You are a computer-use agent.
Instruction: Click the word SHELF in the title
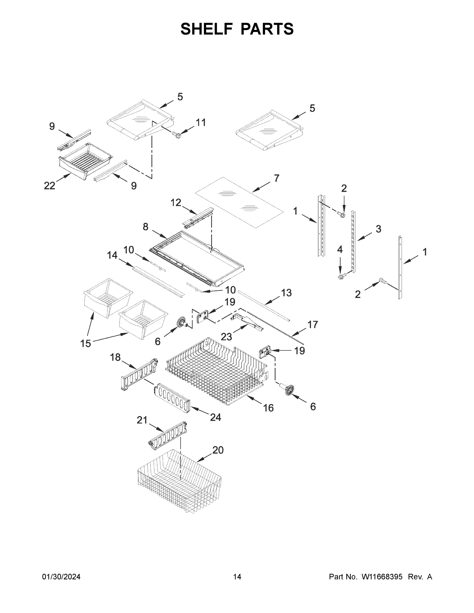point(207,29)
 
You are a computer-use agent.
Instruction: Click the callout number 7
point(276,178)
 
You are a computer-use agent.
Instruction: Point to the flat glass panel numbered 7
point(239,202)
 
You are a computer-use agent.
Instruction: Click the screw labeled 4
point(341,277)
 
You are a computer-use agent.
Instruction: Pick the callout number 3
point(378,229)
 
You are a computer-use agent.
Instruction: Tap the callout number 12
point(176,202)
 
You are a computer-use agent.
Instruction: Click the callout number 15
point(86,343)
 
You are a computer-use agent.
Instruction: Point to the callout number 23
point(226,337)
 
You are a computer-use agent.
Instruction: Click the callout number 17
point(313,324)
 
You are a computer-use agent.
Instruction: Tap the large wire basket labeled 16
point(216,371)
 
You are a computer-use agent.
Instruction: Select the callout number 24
point(215,417)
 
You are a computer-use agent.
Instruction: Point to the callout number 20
point(218,450)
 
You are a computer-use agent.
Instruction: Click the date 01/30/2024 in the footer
point(61,576)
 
